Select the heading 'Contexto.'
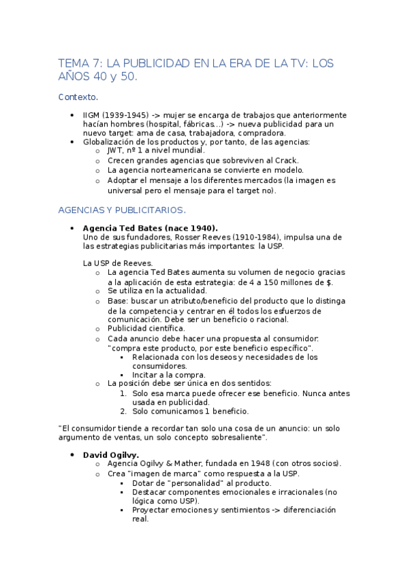tap(78, 97)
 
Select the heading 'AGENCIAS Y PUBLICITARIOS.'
tap(121, 210)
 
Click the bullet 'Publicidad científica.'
tap(146, 329)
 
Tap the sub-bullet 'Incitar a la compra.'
tap(169, 374)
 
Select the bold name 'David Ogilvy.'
tap(111, 454)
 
